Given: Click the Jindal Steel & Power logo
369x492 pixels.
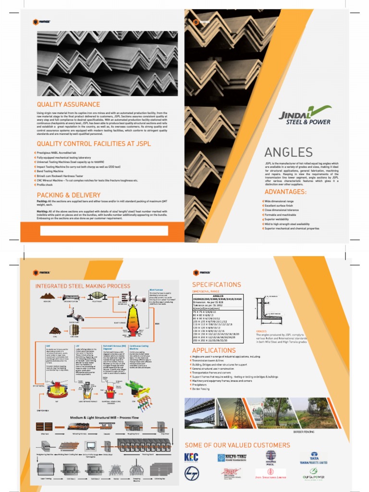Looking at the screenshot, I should (x=305, y=115).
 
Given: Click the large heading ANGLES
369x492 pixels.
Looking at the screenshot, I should (x=289, y=153).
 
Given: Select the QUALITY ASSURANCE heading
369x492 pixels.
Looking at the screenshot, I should (x=69, y=104).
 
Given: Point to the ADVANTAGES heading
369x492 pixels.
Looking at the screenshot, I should (x=285, y=192).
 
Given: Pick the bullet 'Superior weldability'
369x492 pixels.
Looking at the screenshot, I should (x=282, y=219).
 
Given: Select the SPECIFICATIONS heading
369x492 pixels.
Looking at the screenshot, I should (x=217, y=284).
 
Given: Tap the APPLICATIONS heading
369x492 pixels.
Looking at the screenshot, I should (x=214, y=350).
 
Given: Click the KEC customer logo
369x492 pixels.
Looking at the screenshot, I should (x=191, y=457).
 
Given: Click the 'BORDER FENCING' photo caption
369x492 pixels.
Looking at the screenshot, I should (x=303, y=432).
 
